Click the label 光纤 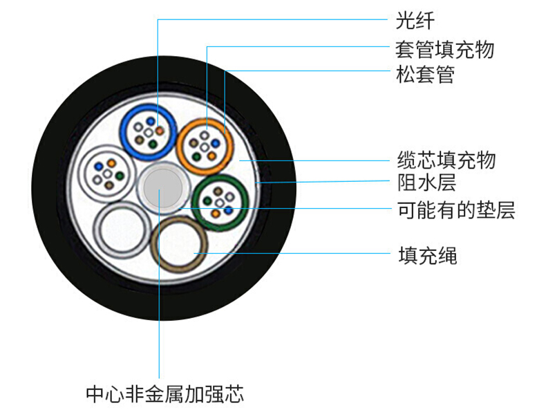point(415,20)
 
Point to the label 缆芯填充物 point(446,160)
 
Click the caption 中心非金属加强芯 point(164,395)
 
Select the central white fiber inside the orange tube point(205,146)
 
